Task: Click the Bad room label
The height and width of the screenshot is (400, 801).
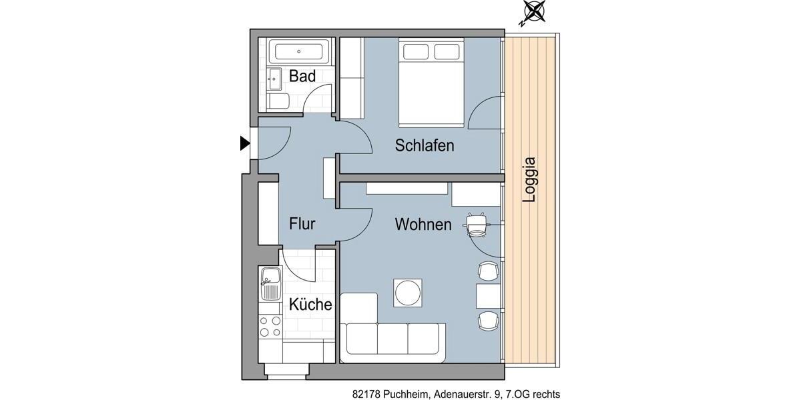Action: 302,77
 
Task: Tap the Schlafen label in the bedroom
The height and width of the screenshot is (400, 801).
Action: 425,145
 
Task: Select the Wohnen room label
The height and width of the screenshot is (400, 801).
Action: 423,225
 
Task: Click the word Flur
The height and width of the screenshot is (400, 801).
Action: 302,224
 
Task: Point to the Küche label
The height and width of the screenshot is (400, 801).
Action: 310,305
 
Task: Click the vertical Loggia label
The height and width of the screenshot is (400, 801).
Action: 530,180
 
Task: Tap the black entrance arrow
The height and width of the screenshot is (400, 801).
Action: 245,143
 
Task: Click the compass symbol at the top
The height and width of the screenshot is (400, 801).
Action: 533,11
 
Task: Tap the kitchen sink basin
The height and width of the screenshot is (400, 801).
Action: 270,275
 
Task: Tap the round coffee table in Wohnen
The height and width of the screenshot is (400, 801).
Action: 407,292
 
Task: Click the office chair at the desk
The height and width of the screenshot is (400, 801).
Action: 477,224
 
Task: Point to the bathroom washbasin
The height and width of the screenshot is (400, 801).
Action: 274,79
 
